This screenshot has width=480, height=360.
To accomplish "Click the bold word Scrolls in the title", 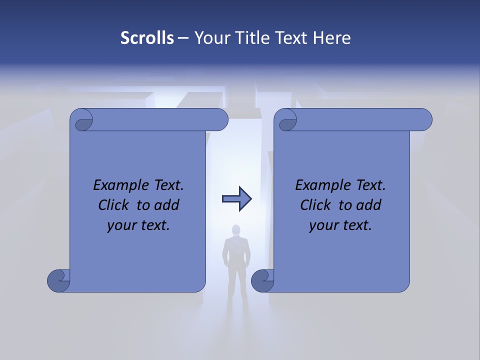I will (x=147, y=38).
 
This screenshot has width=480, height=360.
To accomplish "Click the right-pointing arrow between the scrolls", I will (x=236, y=199).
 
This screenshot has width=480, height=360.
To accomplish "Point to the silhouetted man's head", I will (x=236, y=230).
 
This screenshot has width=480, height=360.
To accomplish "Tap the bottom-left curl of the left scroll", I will (x=58, y=280).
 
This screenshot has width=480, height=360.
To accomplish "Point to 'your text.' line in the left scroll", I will (x=138, y=225).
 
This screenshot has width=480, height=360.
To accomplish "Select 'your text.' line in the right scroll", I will (x=340, y=225).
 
